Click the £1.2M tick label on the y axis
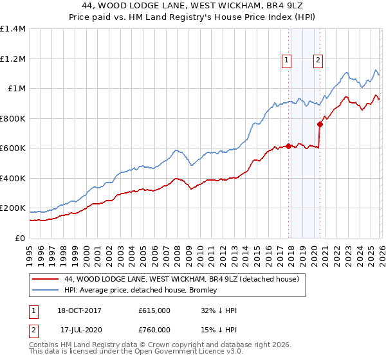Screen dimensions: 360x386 12,59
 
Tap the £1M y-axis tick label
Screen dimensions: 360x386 15,89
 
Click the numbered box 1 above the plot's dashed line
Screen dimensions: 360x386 287,61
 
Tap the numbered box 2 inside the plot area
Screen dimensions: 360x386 318,61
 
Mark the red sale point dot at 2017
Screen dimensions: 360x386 288,146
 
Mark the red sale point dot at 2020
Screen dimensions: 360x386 320,124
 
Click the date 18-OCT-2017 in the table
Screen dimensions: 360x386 81,310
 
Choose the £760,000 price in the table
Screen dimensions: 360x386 154,330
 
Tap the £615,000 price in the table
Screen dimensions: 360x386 154,310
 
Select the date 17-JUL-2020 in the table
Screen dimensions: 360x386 81,330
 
